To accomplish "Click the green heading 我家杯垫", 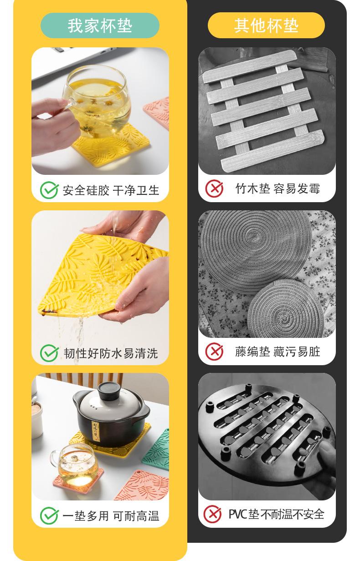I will [100, 25].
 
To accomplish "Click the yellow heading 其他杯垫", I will [266, 25].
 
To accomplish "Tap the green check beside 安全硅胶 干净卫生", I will [49, 190].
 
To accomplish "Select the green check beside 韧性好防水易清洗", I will [49, 353].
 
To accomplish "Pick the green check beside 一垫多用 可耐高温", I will [49, 515].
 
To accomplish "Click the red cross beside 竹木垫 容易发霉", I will [214, 189].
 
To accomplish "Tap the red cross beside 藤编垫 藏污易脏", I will [214, 352].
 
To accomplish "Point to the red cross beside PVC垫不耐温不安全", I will [212, 514].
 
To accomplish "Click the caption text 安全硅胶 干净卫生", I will [111, 190].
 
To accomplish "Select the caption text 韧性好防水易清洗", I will [111, 353].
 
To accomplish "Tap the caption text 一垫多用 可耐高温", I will [111, 516].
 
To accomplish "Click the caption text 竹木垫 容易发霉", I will [278, 189].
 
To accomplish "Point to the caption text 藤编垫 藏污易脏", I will [278, 352].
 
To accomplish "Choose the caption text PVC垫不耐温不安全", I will [277, 515].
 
